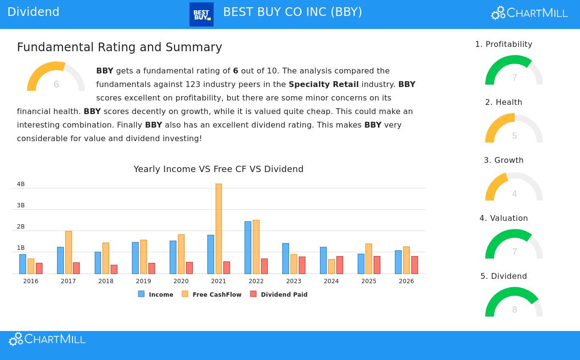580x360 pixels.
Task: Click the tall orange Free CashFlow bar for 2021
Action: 218,229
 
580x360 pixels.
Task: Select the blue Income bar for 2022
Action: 247,247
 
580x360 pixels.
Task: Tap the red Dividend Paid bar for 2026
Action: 415,265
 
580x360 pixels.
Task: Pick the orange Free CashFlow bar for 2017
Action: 68,252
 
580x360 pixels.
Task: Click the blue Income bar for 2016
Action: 23,264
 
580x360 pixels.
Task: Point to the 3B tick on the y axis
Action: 21,205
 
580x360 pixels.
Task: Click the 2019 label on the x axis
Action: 144,281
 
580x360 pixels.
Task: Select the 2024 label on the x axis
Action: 331,281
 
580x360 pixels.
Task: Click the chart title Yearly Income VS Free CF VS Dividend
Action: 218,169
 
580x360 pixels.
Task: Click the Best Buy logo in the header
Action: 202,14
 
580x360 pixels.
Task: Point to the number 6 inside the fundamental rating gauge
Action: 56,85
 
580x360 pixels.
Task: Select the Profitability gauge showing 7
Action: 514,72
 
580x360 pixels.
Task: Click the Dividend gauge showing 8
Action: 514,303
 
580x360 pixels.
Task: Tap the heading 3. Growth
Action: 504,160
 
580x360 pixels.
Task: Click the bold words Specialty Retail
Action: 323,85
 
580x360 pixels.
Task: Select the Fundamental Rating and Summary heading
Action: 119,47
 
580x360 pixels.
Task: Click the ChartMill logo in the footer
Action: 47,339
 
